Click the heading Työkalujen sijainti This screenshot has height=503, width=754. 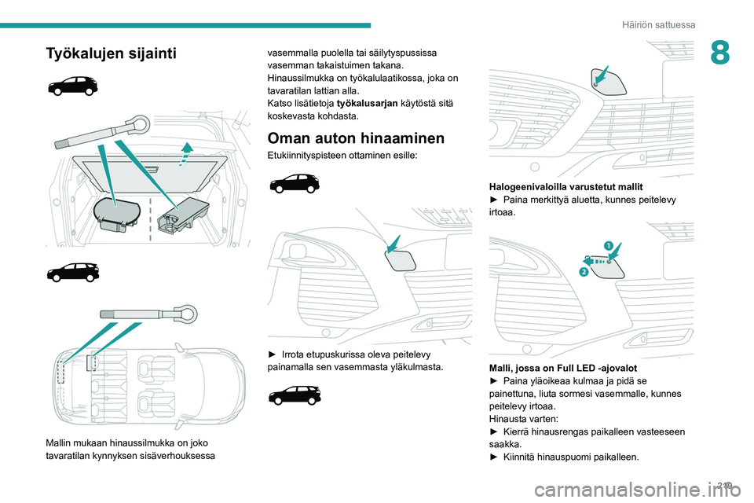pos(112,53)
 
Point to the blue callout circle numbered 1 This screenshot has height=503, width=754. pos(608,245)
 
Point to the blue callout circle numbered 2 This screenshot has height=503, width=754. pos(584,271)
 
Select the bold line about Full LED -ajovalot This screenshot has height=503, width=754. pos(562,368)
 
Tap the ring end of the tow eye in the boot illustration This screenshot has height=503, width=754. pos(140,123)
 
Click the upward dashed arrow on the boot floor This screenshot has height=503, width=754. pos(187,152)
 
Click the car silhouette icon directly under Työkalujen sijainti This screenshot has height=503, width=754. pos(72,85)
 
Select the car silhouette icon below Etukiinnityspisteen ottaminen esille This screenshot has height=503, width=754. pos(294,185)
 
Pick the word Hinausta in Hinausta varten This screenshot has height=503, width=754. pos(507,419)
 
